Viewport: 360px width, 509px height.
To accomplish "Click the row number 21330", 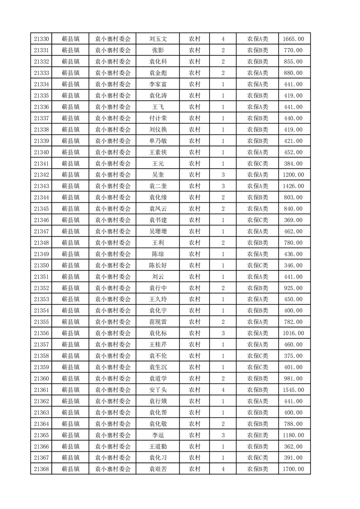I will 41,39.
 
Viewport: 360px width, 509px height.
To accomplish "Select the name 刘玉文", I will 158,39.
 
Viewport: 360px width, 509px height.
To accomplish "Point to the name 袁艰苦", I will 158,469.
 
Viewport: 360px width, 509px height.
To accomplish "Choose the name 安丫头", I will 158,390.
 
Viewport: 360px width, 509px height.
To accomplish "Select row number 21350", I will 41,265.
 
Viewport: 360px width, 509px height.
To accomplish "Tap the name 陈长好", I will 158,265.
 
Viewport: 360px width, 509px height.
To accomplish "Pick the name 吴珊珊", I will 158,231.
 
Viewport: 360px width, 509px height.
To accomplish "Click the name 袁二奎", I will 158,186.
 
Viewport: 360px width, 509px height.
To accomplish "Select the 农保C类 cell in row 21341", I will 257,163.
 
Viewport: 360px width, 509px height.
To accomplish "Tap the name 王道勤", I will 158,446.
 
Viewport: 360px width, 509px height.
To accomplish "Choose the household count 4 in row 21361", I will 223,390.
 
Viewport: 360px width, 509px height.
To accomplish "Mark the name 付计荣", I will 158,118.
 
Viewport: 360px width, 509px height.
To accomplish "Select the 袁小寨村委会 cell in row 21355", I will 113,322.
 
